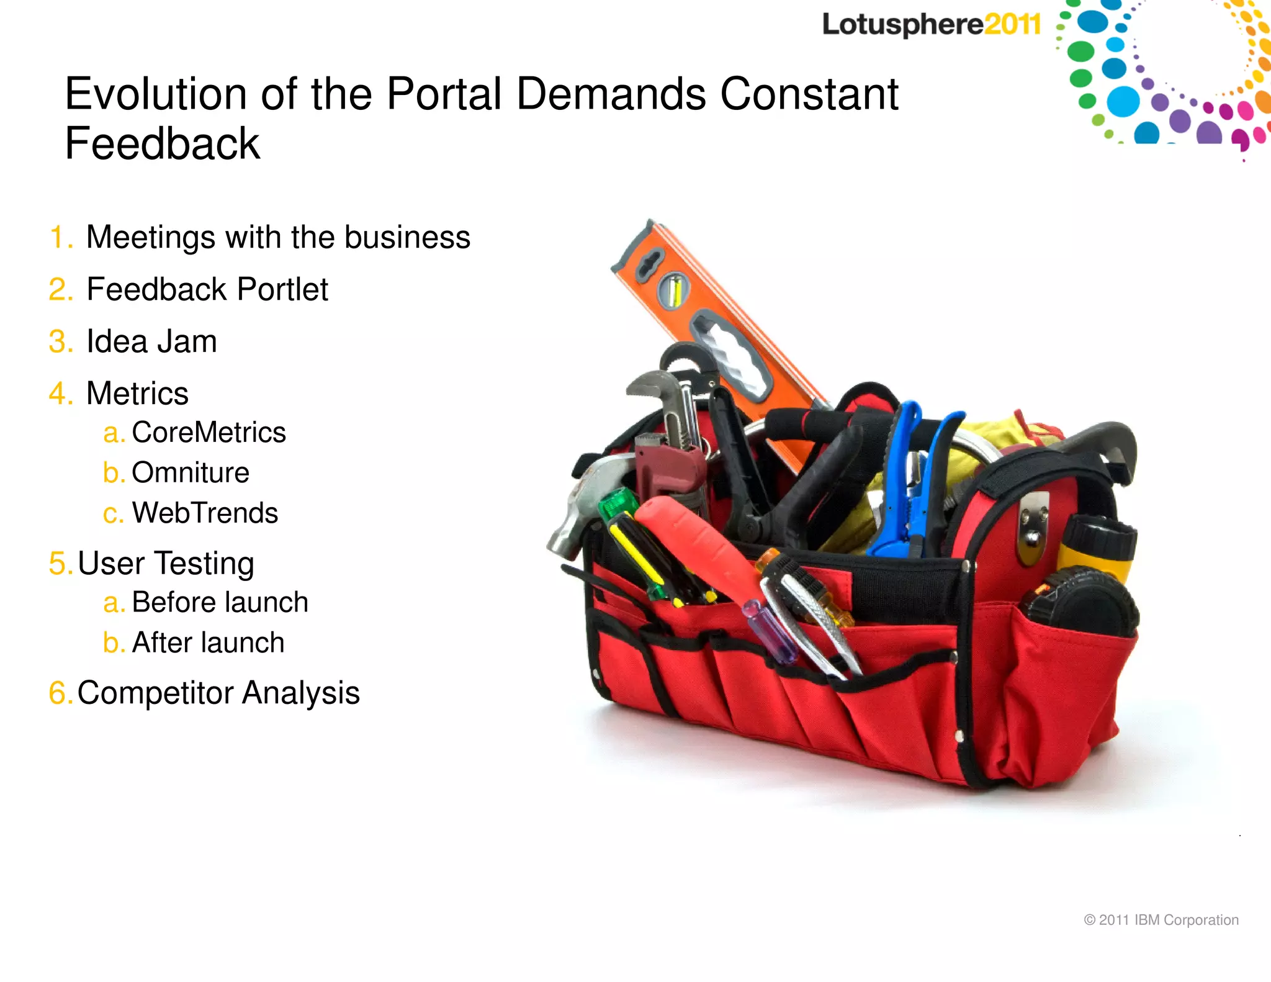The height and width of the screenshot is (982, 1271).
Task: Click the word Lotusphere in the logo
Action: coord(903,25)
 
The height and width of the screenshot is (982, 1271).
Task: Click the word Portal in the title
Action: coord(444,94)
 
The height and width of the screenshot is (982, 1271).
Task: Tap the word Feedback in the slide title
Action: coord(163,143)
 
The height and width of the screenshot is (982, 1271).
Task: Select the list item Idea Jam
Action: coord(151,341)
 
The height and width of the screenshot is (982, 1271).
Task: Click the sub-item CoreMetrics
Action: coord(209,432)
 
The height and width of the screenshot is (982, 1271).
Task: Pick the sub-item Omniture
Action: coord(190,472)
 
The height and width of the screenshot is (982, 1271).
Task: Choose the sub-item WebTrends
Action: coord(205,513)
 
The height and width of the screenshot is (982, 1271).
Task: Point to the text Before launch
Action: coord(220,602)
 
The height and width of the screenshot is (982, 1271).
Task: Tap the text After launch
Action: coord(208,642)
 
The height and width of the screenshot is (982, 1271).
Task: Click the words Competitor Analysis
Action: coord(218,693)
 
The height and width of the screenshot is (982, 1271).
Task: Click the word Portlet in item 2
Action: coord(282,289)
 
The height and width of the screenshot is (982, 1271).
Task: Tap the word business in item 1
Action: coord(407,237)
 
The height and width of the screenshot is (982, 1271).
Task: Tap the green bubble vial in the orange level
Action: coord(674,291)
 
